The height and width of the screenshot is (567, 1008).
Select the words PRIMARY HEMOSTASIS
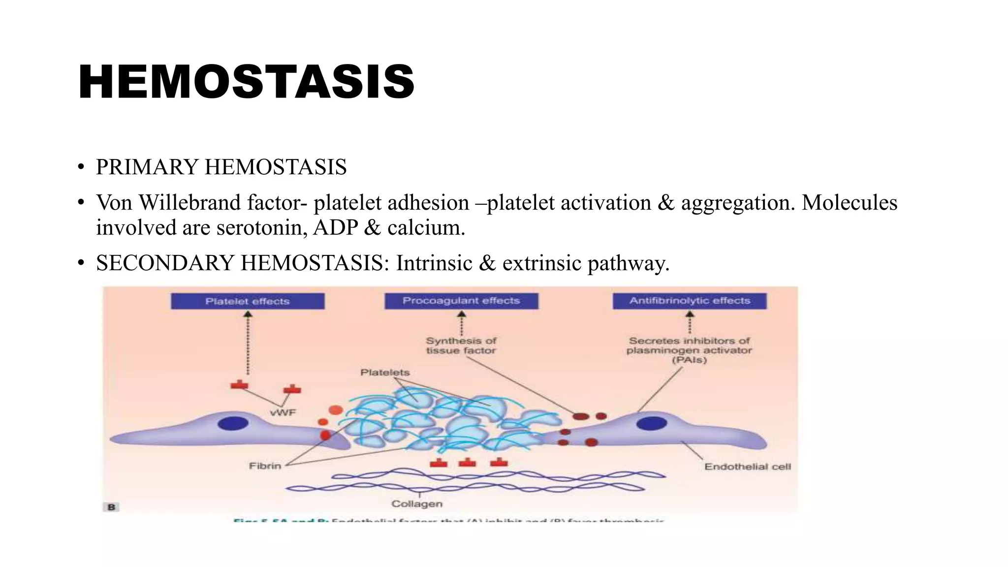(221, 167)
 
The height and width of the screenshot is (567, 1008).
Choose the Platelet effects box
(248, 301)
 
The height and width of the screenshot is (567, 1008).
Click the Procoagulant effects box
(461, 301)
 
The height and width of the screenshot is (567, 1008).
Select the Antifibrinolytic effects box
(690, 301)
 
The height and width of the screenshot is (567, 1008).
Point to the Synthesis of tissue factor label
(461, 346)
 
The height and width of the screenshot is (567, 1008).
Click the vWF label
(283, 412)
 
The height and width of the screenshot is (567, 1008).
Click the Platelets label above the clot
(385, 373)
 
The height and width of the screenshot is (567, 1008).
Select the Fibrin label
(265, 466)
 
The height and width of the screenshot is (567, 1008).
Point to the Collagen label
(417, 504)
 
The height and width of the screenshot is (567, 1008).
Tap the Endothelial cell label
(747, 467)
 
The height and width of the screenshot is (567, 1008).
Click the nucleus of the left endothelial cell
(233, 423)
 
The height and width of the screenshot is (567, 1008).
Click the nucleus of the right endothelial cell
(651, 423)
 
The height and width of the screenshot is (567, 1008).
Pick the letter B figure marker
(112, 507)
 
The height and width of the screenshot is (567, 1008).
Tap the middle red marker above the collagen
(467, 463)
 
